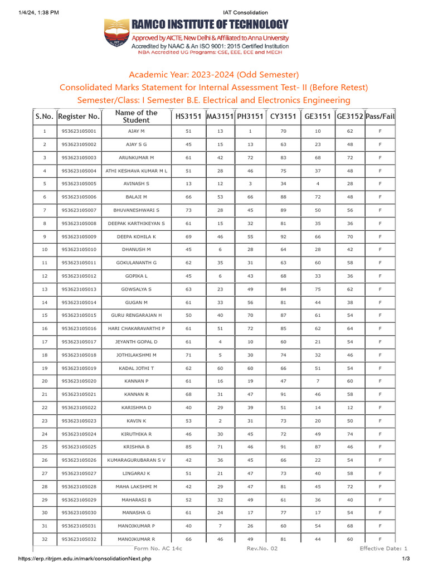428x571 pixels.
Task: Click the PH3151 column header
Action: (x=250, y=117)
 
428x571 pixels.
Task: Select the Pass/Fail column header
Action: (x=380, y=117)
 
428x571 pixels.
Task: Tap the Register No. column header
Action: (x=79, y=117)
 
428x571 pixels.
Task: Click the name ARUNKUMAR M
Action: (x=136, y=158)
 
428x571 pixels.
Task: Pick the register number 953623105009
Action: (x=79, y=237)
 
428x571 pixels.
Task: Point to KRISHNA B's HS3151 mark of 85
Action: (x=188, y=447)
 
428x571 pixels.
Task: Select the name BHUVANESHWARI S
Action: (x=136, y=210)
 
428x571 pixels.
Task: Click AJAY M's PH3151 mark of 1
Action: (x=250, y=132)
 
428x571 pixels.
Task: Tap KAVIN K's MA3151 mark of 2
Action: (x=220, y=421)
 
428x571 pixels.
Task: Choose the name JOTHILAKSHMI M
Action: (x=136, y=355)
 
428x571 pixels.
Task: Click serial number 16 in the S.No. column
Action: (x=45, y=329)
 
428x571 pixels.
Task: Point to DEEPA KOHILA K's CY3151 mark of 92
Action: (x=283, y=237)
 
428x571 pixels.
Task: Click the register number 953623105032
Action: (x=79, y=539)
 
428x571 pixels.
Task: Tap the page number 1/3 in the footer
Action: (x=406, y=559)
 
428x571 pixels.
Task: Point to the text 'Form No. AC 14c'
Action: (x=158, y=549)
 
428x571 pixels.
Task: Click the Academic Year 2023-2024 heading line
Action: (x=214, y=75)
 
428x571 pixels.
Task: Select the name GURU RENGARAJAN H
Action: (x=136, y=316)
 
